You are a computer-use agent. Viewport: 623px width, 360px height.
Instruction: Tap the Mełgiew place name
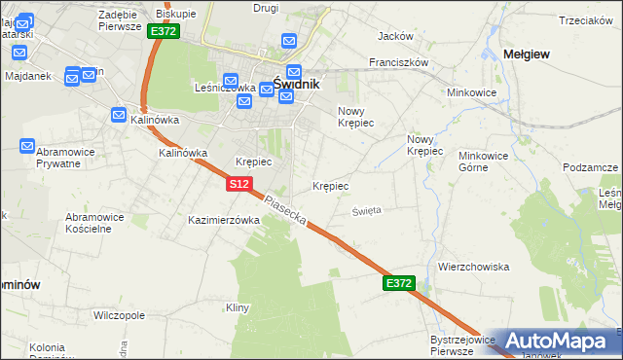(x=527, y=54)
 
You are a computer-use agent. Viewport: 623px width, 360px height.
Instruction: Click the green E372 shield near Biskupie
(x=163, y=31)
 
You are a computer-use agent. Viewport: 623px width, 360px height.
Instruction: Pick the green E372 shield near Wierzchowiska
(x=399, y=283)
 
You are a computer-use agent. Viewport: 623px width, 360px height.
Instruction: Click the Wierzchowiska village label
(x=474, y=267)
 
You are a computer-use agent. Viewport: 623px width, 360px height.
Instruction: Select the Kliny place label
(x=238, y=308)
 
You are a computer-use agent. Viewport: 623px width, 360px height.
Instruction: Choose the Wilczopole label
(x=119, y=316)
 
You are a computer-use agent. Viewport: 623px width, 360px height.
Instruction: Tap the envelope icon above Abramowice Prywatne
(x=28, y=146)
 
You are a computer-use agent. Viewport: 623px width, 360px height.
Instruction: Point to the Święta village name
(x=367, y=210)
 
